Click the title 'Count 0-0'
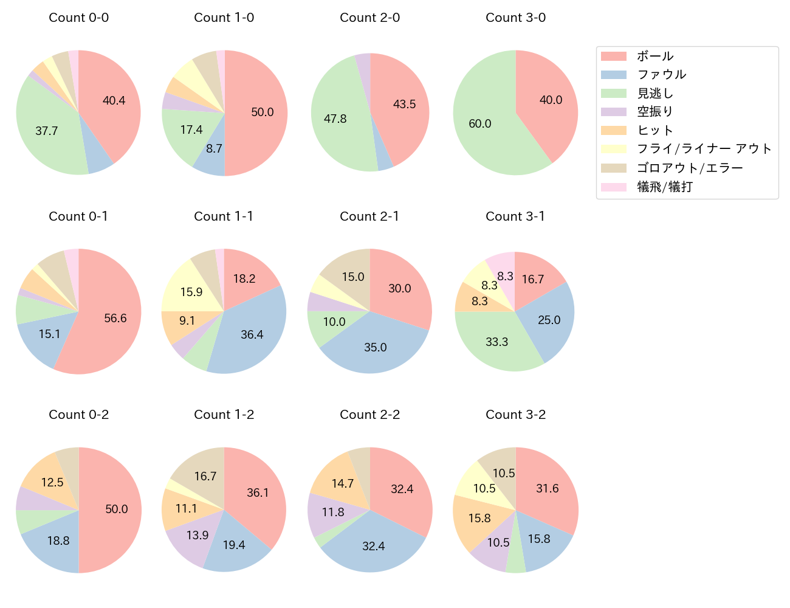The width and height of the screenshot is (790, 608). tap(79, 18)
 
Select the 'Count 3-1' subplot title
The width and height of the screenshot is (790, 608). tap(515, 216)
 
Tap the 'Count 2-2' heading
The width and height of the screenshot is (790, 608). tap(369, 415)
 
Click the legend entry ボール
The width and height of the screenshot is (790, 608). tap(654, 57)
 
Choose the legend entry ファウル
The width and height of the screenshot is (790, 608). tap(661, 75)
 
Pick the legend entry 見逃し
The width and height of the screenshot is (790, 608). tap(654, 94)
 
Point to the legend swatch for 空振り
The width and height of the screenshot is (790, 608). tap(614, 112)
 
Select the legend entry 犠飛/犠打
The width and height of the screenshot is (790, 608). tap(664, 187)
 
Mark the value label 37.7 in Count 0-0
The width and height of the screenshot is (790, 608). tap(47, 131)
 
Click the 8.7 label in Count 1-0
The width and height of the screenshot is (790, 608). tap(214, 148)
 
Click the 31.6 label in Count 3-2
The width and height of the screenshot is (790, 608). tap(547, 489)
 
